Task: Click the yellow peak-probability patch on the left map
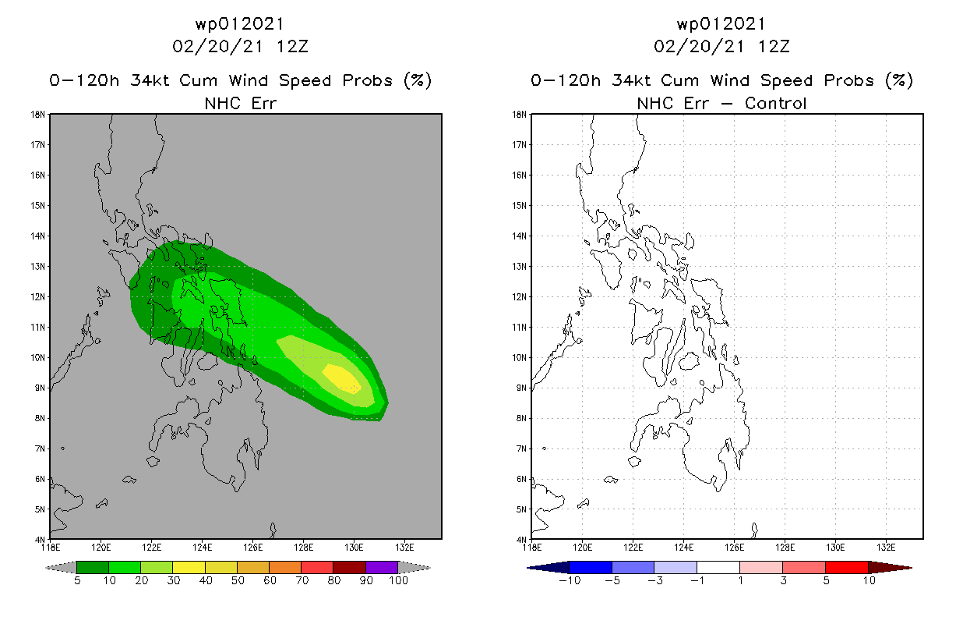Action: (342, 379)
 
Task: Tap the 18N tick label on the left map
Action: (37, 115)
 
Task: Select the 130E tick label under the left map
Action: (354, 548)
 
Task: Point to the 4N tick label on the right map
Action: (521, 540)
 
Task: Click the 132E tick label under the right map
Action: (886, 548)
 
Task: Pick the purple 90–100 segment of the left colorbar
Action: (382, 567)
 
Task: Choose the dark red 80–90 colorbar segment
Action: (350, 567)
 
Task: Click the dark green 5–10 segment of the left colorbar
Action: (93, 567)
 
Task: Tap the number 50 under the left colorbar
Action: (238, 580)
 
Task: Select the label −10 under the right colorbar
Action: (570, 580)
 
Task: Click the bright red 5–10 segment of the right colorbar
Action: (847, 567)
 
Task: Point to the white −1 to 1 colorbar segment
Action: (718, 567)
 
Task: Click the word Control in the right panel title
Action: (775, 103)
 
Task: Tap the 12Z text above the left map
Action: (292, 47)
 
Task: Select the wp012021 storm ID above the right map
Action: (721, 24)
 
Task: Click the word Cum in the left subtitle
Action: (198, 80)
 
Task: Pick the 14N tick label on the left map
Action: (37, 236)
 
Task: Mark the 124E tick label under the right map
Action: (683, 548)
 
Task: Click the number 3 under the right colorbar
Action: (783, 580)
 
